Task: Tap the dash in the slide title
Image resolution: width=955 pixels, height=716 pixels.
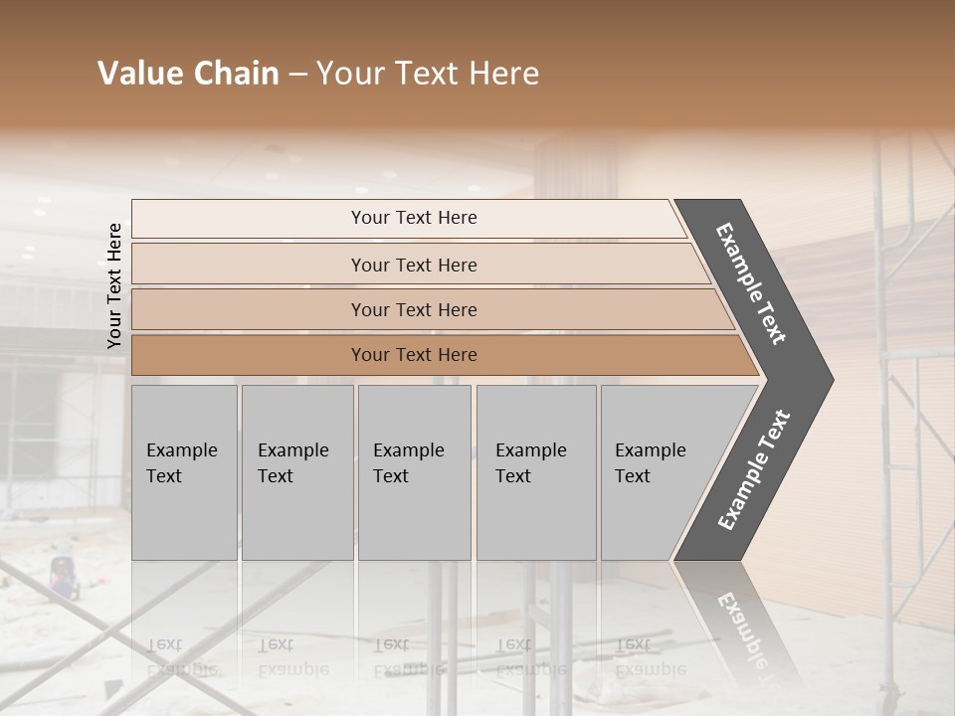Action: click(297, 75)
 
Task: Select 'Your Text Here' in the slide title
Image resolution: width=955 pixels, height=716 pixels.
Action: click(428, 74)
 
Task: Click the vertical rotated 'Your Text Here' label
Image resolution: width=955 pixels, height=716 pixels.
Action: click(114, 286)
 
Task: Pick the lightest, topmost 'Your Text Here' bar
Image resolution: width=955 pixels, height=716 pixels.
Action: click(413, 218)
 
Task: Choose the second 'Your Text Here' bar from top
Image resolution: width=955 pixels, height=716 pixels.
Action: click(413, 265)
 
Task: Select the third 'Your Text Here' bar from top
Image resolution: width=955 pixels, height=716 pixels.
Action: click(413, 309)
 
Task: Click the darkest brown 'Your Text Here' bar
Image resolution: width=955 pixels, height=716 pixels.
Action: click(413, 355)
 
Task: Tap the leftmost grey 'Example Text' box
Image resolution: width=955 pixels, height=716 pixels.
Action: click(184, 471)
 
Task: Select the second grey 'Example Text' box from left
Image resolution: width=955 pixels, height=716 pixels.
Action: click(296, 471)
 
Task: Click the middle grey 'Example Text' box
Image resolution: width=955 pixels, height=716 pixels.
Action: click(414, 471)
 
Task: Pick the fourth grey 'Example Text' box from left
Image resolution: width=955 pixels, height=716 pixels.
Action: click(535, 471)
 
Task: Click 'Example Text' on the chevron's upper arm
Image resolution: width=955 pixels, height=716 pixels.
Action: click(751, 283)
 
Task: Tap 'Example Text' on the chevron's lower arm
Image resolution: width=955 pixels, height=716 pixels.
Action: click(754, 469)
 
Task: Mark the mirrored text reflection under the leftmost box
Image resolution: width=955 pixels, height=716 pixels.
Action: click(184, 657)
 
